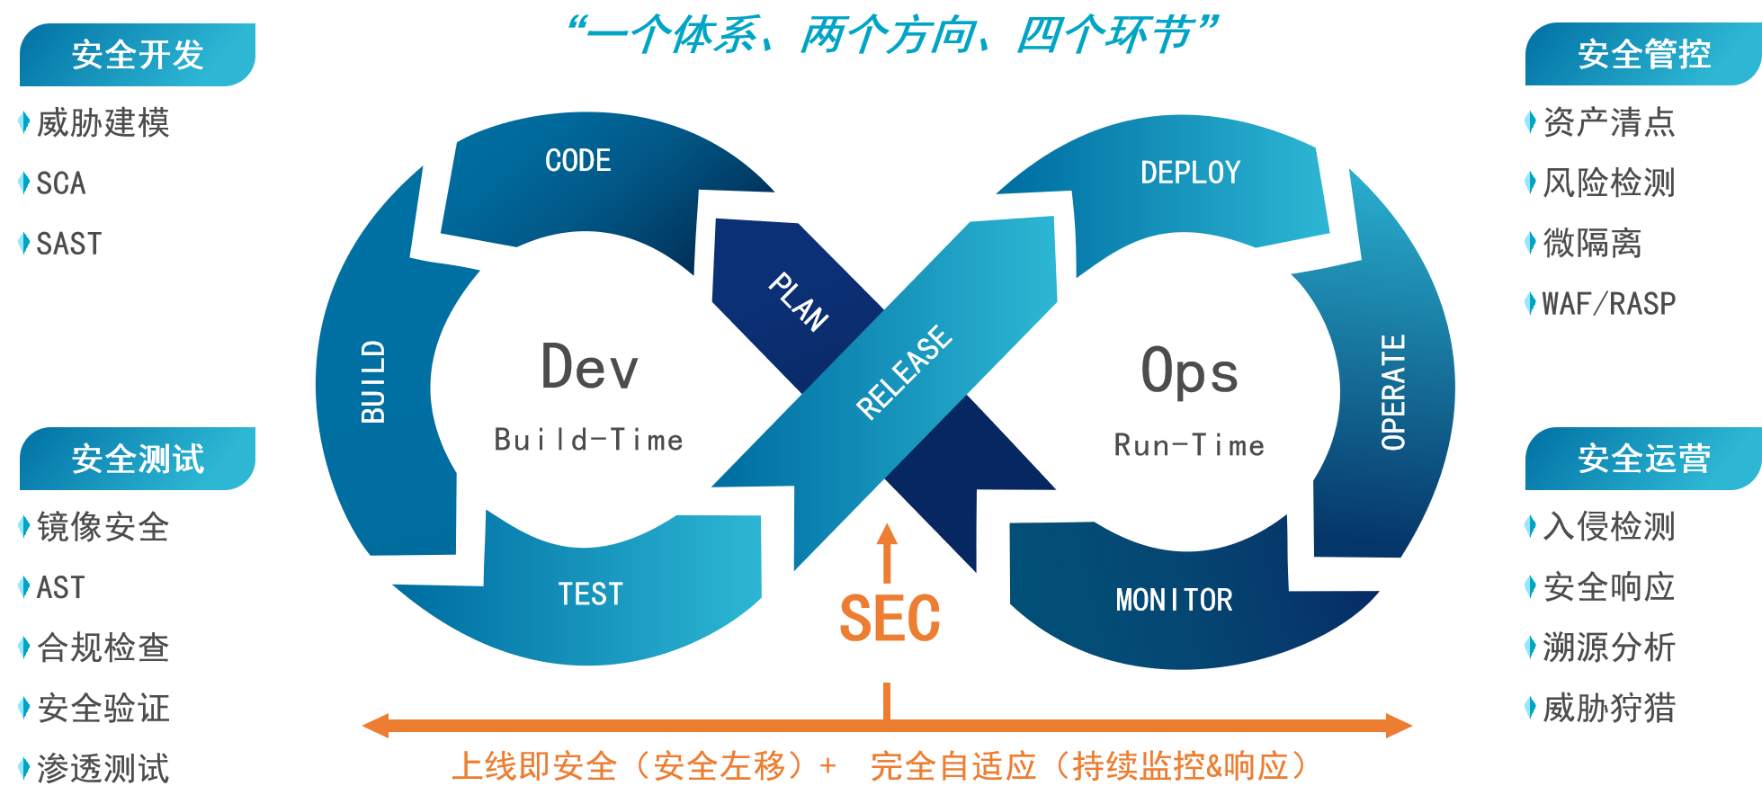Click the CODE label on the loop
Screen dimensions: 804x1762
(x=577, y=161)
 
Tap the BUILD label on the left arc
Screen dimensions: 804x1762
(x=373, y=381)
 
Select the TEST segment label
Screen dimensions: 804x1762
(x=590, y=594)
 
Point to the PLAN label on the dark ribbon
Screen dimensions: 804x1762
(x=798, y=302)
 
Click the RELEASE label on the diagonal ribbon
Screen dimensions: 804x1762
(x=903, y=371)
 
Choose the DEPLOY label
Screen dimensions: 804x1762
(x=1190, y=173)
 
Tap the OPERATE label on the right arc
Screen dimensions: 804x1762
(x=1392, y=392)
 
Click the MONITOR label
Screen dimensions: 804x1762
(x=1174, y=600)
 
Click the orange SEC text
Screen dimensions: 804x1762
(x=889, y=619)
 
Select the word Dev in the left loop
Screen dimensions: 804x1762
(x=589, y=367)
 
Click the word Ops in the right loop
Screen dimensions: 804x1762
(x=1189, y=371)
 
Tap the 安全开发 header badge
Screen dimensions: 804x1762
(x=138, y=55)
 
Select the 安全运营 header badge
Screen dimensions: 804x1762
(x=1643, y=459)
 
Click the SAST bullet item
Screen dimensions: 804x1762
(x=68, y=244)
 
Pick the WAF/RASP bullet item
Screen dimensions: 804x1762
(x=1608, y=304)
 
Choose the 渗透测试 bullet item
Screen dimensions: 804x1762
(x=103, y=769)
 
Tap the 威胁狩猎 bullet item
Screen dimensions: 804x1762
(x=1608, y=709)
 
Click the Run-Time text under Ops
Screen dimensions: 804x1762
(x=1189, y=445)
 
